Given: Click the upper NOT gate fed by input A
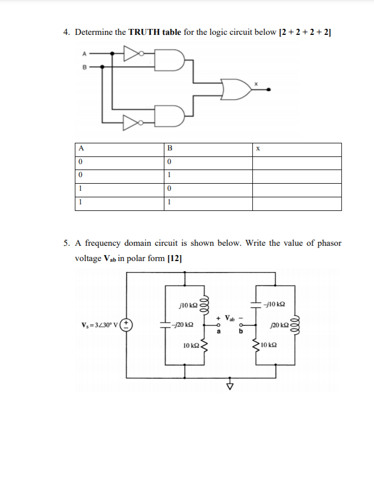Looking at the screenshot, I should click(133, 53).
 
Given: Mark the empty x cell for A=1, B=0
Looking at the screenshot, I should click(296, 190).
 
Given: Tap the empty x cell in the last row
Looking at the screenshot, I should click(296, 203).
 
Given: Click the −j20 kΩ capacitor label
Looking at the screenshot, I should click(182, 325).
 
